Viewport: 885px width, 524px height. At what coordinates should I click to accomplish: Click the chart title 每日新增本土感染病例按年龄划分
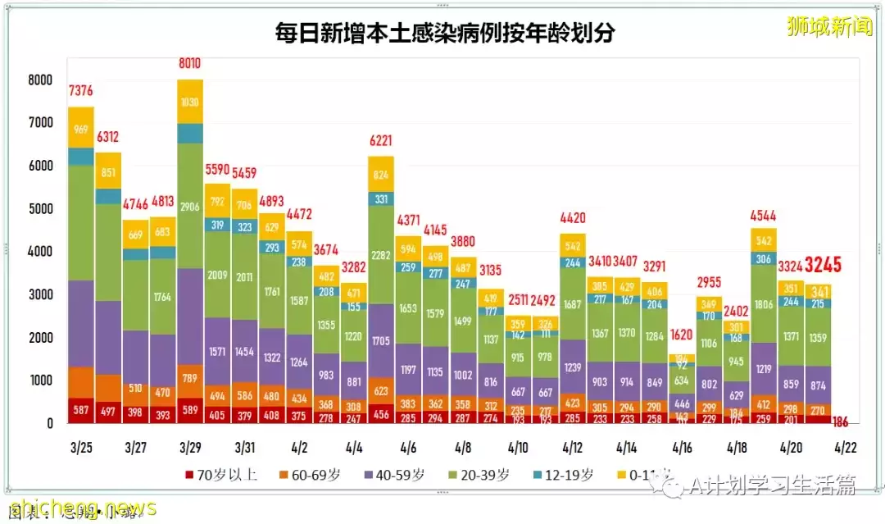pos(445,33)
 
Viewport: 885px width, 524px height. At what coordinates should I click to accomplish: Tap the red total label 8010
pos(190,63)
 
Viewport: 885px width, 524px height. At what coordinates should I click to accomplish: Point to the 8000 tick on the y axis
pos(40,80)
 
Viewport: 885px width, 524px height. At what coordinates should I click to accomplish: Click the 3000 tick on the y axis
pos(40,295)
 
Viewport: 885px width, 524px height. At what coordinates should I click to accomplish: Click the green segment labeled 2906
pos(190,206)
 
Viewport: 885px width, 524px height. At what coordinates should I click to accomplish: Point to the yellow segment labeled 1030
pos(190,102)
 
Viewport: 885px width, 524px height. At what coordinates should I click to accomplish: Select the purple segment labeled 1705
pos(381,340)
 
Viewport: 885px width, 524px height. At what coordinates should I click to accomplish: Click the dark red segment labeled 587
pos(80,410)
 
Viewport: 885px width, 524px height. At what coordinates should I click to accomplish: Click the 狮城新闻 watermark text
pos(829,26)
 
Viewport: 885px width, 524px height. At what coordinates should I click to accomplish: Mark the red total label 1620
pos(680,335)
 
